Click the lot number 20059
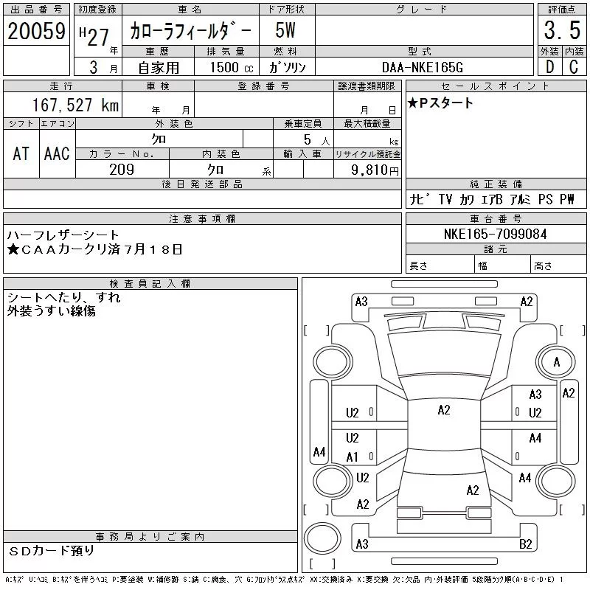pos(36,31)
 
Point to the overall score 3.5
pos(562,30)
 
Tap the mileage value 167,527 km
pos(75,105)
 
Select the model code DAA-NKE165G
pos(422,67)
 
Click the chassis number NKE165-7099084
pos(495,234)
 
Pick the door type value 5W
pos(285,30)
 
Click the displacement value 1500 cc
pos(232,67)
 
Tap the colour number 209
pos(122,170)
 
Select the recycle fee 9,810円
pos(375,170)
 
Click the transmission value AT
pos(21,153)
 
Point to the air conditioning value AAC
pos(57,153)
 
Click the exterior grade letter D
pos(549,67)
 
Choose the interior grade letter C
pos(574,67)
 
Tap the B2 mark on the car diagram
pos(525,544)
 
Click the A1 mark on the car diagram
pos(352,457)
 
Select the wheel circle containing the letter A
pos(556,361)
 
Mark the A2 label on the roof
pos(444,410)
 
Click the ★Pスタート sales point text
pos(440,103)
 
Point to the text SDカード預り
pos(51,550)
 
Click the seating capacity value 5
pos(308,139)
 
